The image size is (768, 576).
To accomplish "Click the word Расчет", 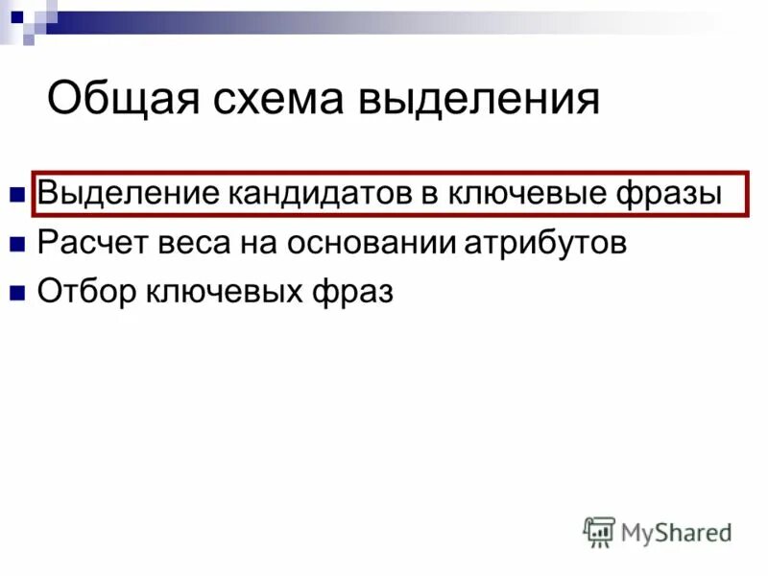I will (x=86, y=243).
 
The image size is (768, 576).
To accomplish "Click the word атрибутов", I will (x=546, y=243).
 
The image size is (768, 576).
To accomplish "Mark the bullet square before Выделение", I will (x=16, y=195).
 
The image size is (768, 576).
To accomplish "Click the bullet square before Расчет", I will (x=16, y=245).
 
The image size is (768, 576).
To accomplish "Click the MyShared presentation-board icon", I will (x=599, y=531).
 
